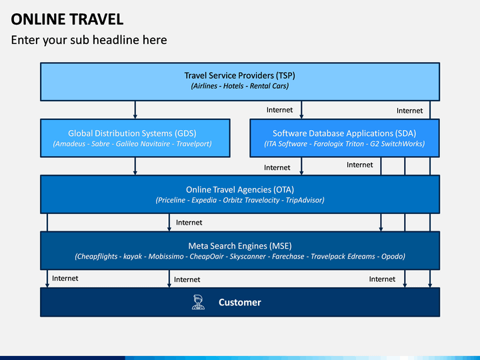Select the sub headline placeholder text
pos(89,40)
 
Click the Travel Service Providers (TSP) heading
pos(240,75)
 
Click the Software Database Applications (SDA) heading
pos(344,133)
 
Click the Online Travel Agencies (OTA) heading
pos(240,189)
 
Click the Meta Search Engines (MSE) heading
pos(240,245)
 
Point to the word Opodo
pos(393,256)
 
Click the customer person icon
pos(198,302)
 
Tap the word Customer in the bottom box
pos(239,302)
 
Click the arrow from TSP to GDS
pos(135,109)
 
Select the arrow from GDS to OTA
pos(135,166)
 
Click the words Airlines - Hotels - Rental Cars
pos(240,86)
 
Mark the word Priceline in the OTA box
pos(173,200)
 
